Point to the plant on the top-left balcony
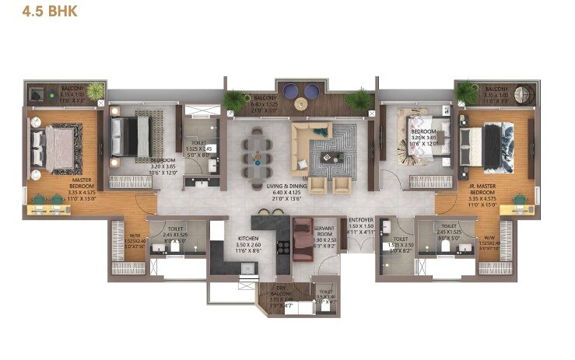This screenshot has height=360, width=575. [95, 91]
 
